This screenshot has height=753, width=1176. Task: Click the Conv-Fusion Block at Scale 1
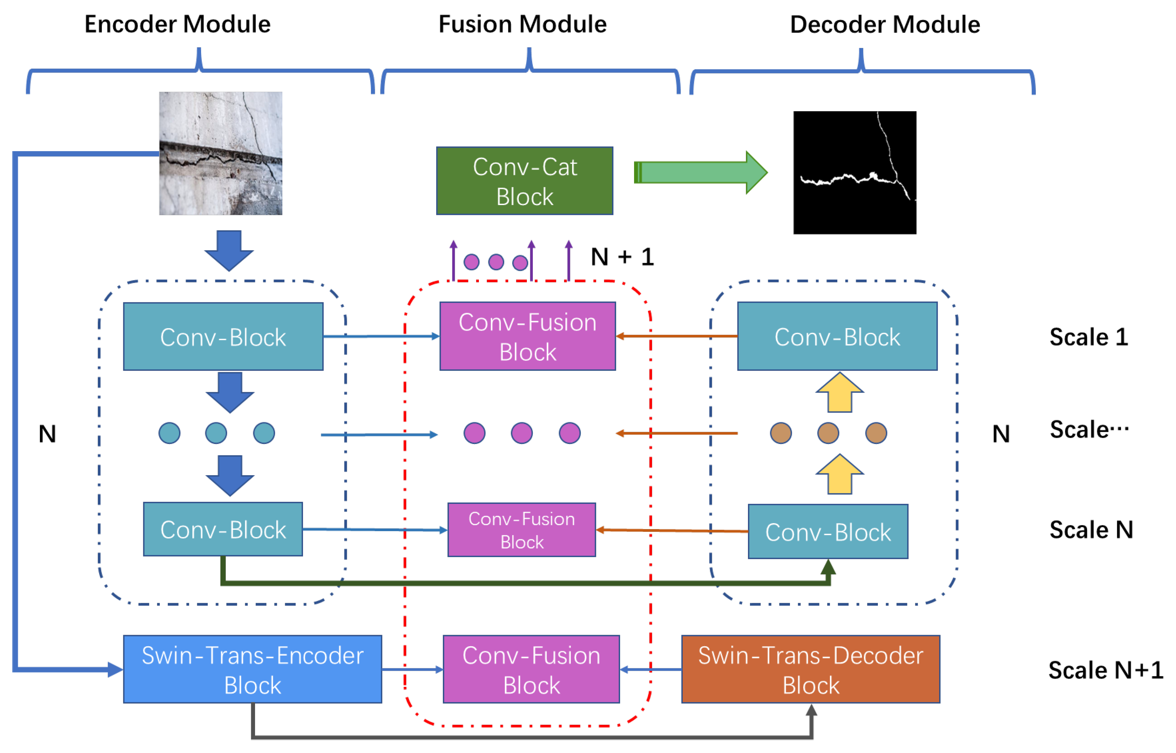(x=527, y=336)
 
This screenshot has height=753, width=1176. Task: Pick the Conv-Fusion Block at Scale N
(x=521, y=529)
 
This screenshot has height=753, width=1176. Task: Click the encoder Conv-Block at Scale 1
(x=223, y=336)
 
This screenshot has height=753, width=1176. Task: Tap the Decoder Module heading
(x=885, y=24)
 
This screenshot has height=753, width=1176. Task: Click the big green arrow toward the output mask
(x=700, y=172)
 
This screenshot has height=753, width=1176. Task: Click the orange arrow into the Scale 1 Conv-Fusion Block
(x=676, y=336)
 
